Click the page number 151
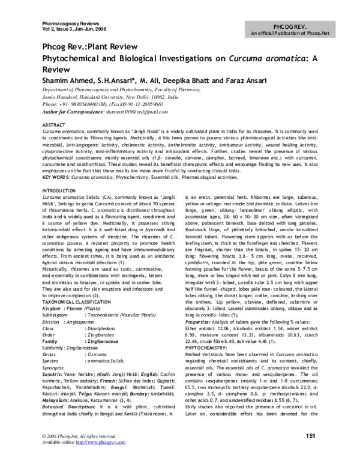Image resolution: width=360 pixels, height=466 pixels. [x=311, y=452]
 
